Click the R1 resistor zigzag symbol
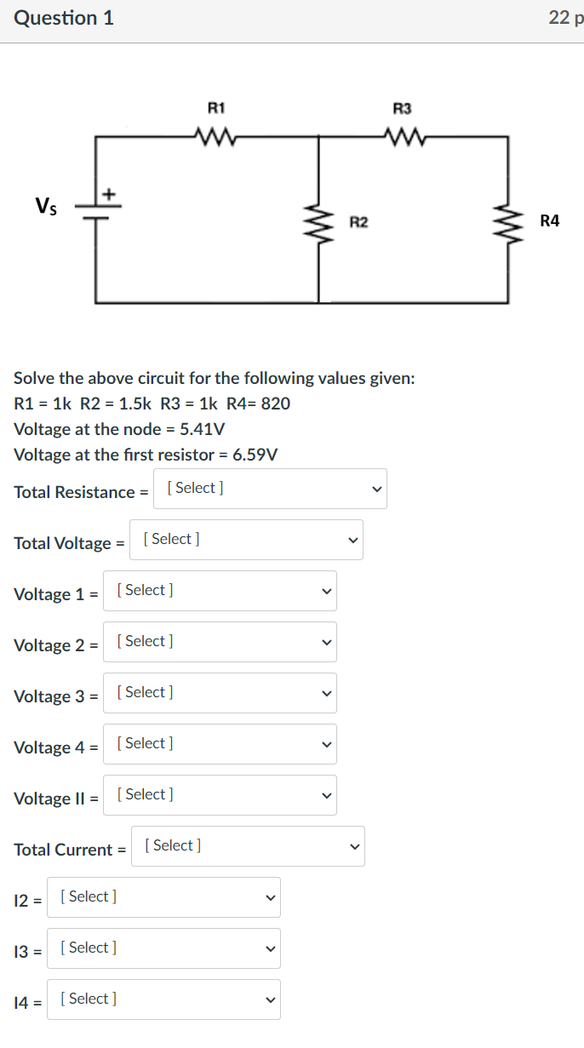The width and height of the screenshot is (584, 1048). click(x=216, y=135)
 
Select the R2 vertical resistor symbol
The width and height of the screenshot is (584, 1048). click(x=319, y=221)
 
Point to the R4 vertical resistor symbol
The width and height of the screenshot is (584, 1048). click(x=508, y=221)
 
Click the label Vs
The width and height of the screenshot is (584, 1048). click(x=47, y=205)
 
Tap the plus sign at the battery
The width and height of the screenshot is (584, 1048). click(x=110, y=194)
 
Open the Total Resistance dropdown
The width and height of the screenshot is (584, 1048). click(x=270, y=489)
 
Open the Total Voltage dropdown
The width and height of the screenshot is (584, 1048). click(x=246, y=540)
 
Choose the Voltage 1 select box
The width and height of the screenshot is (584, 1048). click(x=220, y=591)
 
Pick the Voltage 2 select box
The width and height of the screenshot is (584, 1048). click(x=220, y=642)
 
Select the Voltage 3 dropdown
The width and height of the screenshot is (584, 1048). click(x=220, y=693)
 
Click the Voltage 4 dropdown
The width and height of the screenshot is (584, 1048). click(x=220, y=744)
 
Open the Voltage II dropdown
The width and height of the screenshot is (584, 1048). click(x=220, y=795)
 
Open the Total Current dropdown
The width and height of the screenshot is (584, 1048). click(x=248, y=846)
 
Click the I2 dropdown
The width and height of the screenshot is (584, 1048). click(x=163, y=897)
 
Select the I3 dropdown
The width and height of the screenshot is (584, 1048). click(x=163, y=948)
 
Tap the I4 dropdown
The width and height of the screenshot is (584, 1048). click(x=163, y=999)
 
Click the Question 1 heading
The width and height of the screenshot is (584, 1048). click(x=64, y=18)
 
